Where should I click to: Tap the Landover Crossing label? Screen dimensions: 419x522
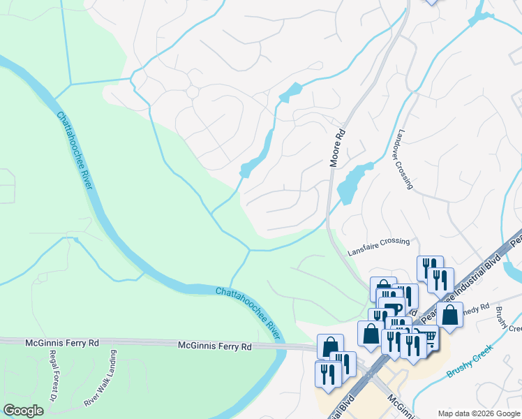point(405,159)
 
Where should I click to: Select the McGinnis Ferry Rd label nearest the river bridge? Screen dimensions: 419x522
point(216,346)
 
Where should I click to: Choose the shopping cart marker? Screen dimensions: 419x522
point(428,337)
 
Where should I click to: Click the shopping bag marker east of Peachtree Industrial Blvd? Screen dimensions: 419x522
point(449,315)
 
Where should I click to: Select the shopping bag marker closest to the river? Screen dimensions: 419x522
point(330,346)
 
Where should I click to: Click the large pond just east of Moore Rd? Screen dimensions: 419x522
point(353,182)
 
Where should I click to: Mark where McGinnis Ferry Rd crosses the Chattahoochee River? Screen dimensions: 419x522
point(281,346)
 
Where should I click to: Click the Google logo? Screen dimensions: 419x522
point(24,411)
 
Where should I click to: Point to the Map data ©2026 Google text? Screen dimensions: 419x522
point(478,413)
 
